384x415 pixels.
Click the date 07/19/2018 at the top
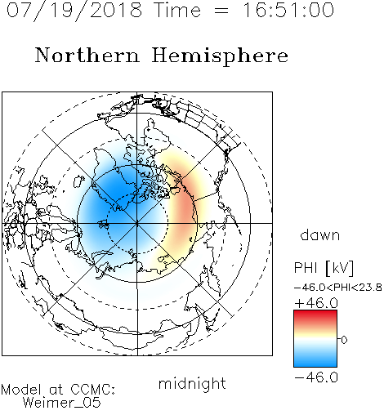pos(74,11)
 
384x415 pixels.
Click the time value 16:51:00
pos(288,10)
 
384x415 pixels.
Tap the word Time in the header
pos(177,10)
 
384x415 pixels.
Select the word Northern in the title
pos(87,55)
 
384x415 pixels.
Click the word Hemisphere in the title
pos(220,56)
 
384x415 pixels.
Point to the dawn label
pos(320,234)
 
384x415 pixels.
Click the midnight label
pos(192,384)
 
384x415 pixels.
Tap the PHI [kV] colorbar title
pos(324,268)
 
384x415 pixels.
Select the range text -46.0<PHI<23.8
pos(338,288)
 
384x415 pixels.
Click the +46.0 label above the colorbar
pos(316,303)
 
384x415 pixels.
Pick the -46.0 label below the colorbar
pos(316,377)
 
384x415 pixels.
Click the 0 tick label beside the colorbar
pos(344,340)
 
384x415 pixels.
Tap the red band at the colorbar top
pos(315,315)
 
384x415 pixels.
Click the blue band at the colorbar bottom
pos(315,362)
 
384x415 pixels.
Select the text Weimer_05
pos(62,403)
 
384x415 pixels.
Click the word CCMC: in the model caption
pos(93,390)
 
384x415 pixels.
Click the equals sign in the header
pos(221,11)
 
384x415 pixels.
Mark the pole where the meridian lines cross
pos(137,223)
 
